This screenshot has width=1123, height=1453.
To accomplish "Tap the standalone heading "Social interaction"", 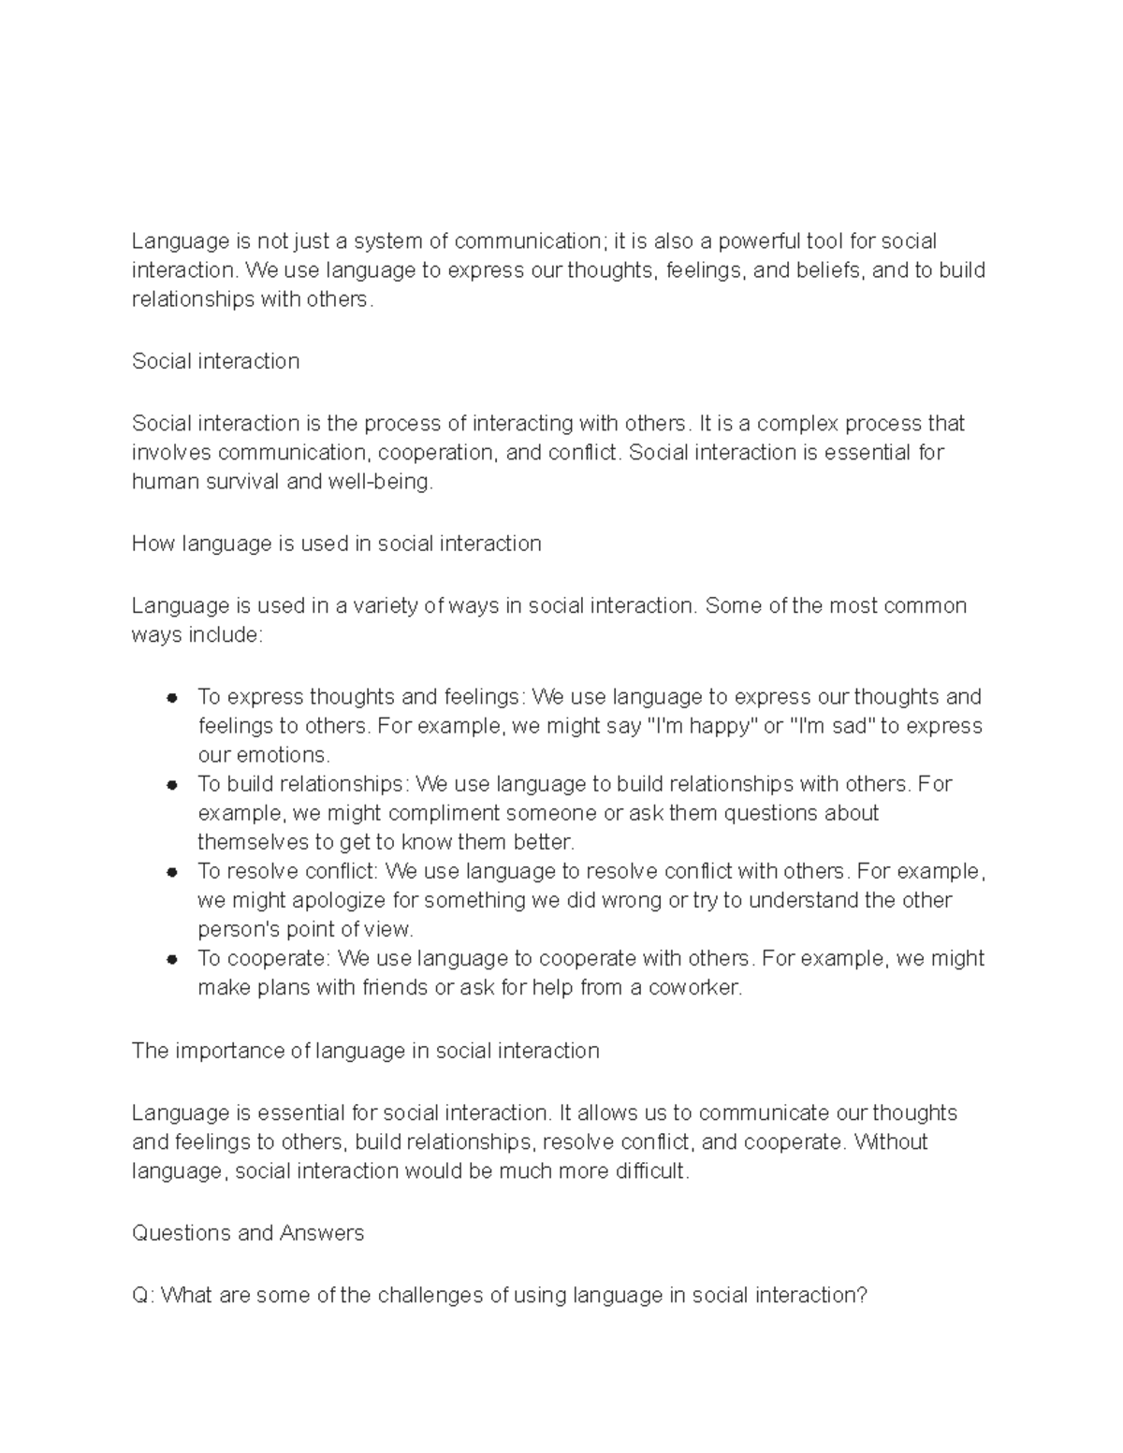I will [215, 361].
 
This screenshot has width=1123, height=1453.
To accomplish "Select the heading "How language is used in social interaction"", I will [336, 544].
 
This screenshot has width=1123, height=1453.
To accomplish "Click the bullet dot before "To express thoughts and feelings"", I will [171, 698].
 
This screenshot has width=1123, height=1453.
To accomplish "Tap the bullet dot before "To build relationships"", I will [171, 785].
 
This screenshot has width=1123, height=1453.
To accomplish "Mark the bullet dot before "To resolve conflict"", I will [171, 872].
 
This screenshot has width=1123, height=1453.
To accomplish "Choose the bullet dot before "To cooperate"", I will [171, 959].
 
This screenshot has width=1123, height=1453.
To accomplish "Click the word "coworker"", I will [694, 987].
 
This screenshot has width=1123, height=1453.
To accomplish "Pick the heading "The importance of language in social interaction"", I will [365, 1051].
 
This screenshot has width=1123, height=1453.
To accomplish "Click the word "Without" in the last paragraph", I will [890, 1141].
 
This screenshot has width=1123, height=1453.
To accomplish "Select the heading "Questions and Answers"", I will [247, 1233].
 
